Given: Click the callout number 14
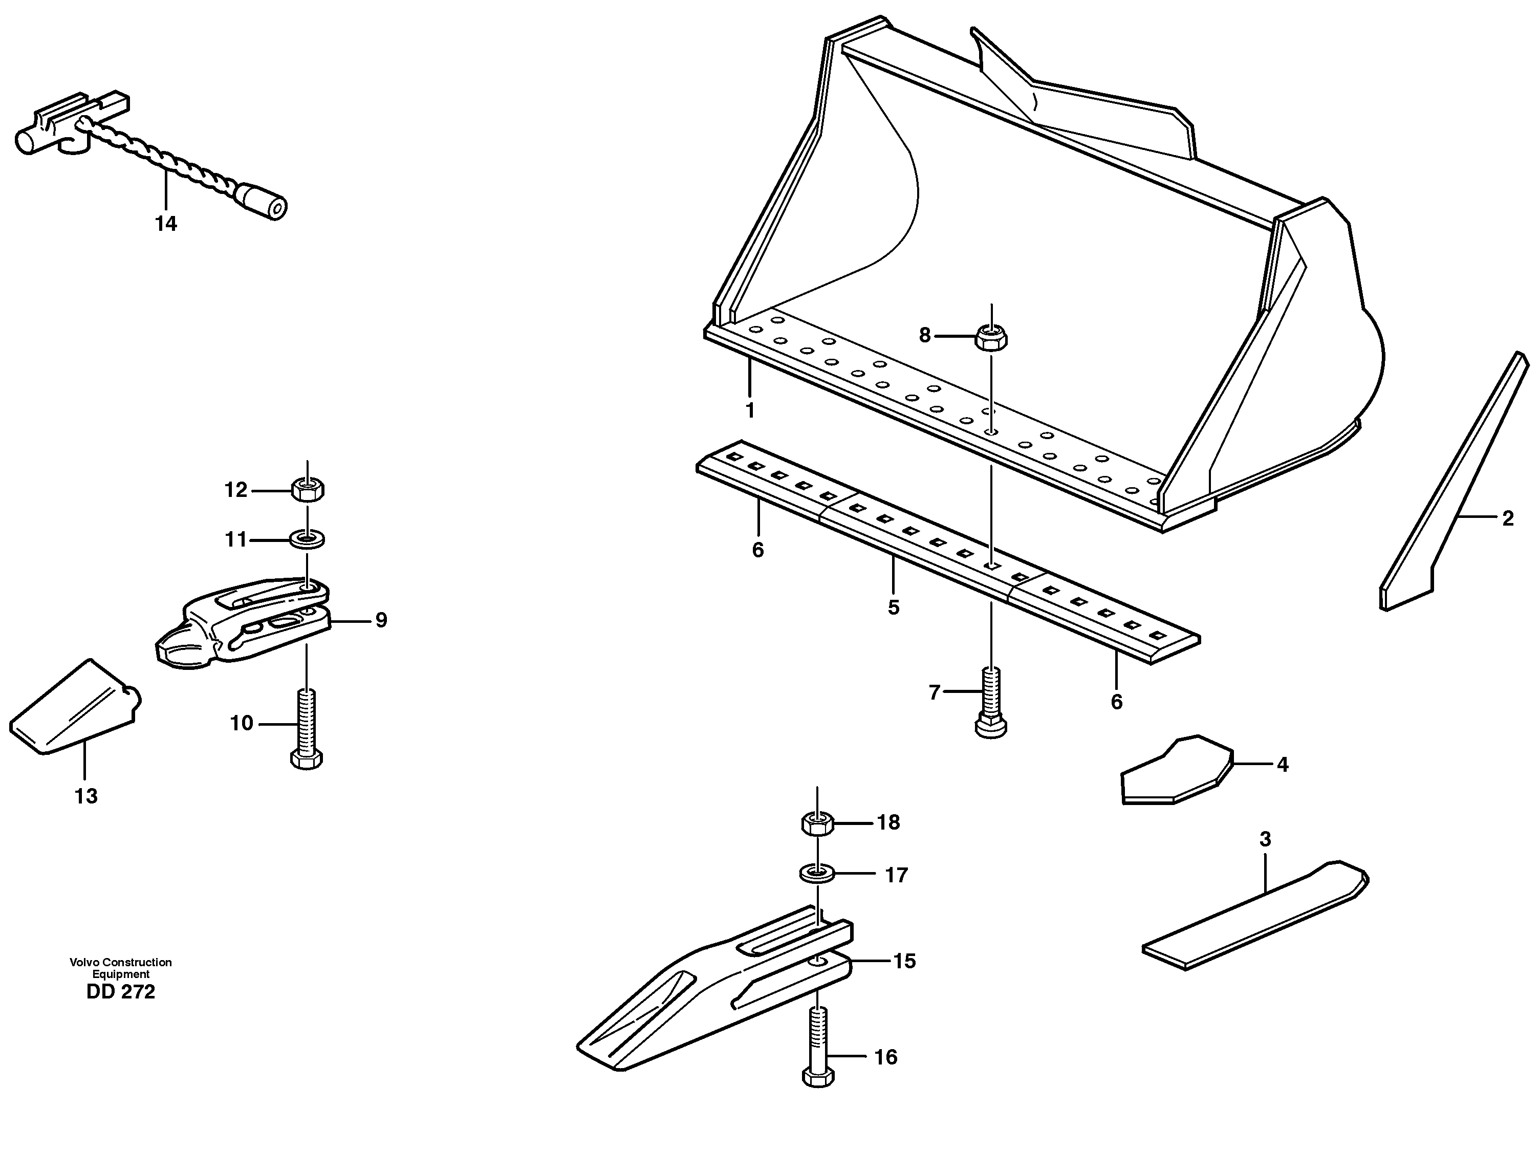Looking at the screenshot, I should [x=166, y=224].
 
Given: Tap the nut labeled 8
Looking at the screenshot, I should [x=991, y=337].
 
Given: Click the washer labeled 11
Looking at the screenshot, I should [x=307, y=539].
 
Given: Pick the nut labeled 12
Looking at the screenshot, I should [x=307, y=490].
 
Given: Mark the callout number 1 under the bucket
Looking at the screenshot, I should [x=750, y=410].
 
